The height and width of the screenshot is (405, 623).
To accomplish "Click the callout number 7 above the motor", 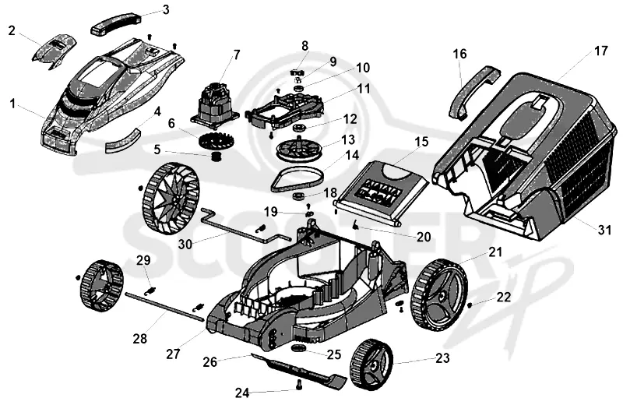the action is coord(237,55).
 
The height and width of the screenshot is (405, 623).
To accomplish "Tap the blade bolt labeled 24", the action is coord(298,384).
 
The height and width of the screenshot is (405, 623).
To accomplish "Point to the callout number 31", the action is coord(604,230).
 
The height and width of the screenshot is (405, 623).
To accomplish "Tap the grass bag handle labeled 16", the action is coord(473,91).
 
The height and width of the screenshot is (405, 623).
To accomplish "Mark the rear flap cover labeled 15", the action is coord(382,192).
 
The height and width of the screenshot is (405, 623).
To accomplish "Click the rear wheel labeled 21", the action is coord(440,294).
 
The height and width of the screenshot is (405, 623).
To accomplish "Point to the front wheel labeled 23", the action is coord(371,364).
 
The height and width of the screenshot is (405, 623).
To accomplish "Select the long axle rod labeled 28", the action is coord(165,305).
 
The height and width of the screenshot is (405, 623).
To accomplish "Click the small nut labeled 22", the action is coord(470,305).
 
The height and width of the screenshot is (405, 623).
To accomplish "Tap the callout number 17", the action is coord(600,51).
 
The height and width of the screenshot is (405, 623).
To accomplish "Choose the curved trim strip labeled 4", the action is coord(122,140).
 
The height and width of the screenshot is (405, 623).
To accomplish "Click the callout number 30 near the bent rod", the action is coord(185,243).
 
